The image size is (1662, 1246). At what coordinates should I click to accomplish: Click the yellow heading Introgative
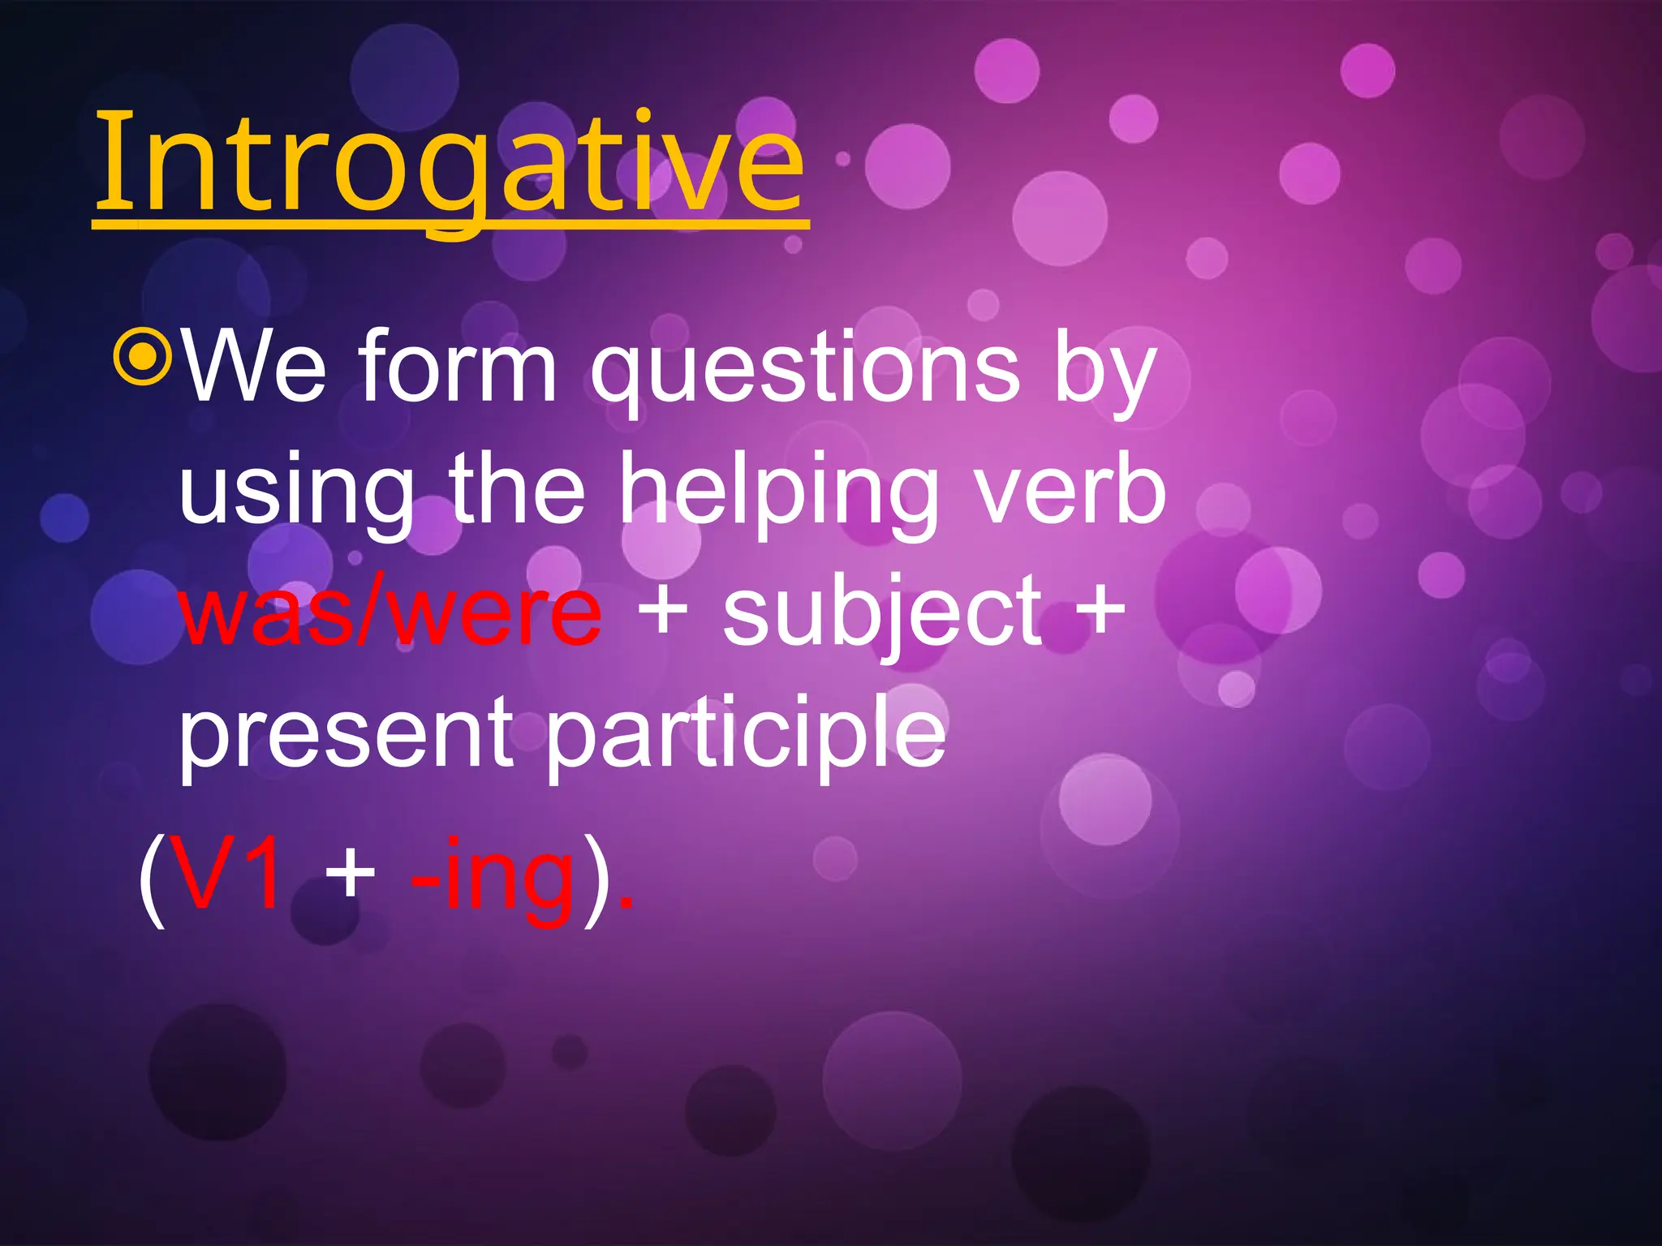click(450, 166)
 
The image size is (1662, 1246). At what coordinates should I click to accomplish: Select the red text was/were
click(390, 612)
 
